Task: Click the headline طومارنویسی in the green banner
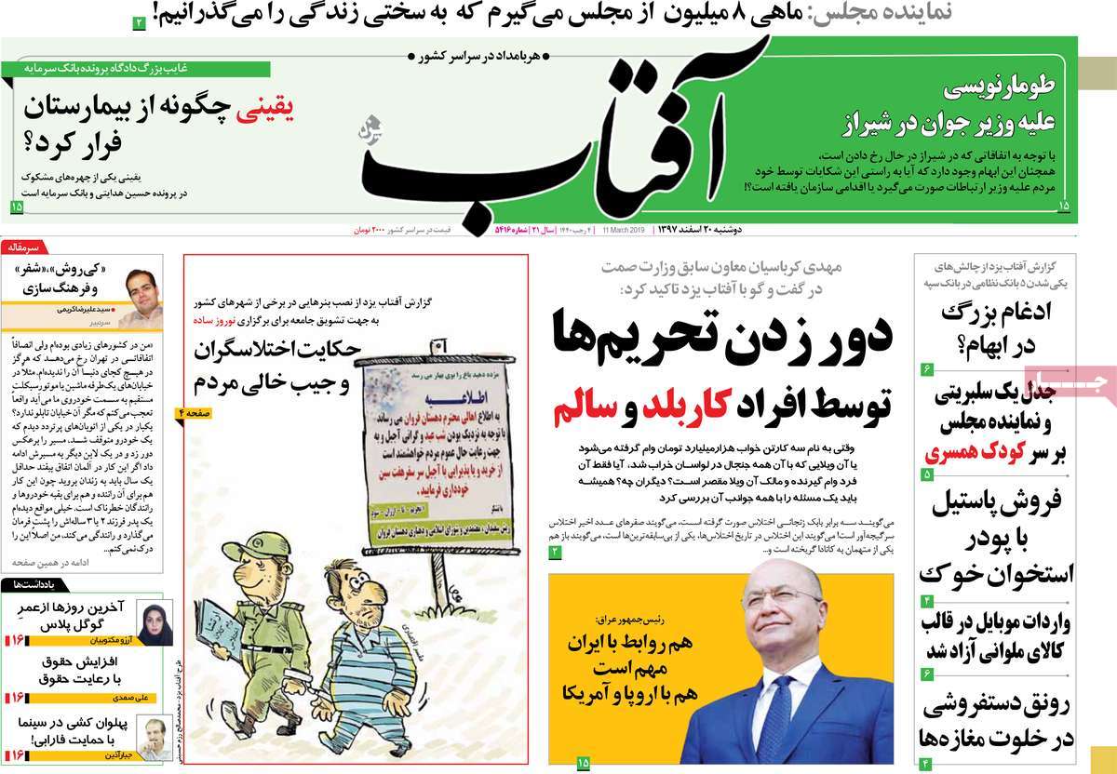[986, 90]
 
